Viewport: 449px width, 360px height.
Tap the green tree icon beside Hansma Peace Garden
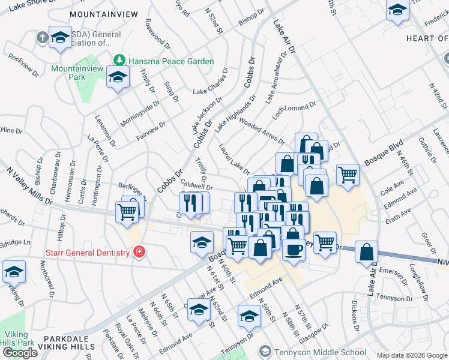(x=119, y=61)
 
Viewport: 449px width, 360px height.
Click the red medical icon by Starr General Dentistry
(x=139, y=252)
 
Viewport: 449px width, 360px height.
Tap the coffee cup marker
(x=293, y=248)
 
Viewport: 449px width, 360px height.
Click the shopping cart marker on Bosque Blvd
(x=348, y=175)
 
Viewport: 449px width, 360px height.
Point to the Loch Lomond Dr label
(x=294, y=110)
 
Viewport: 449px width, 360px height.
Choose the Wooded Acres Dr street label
(x=261, y=130)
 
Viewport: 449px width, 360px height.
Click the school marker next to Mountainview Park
(x=118, y=77)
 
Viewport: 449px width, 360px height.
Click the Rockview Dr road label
(x=23, y=67)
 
